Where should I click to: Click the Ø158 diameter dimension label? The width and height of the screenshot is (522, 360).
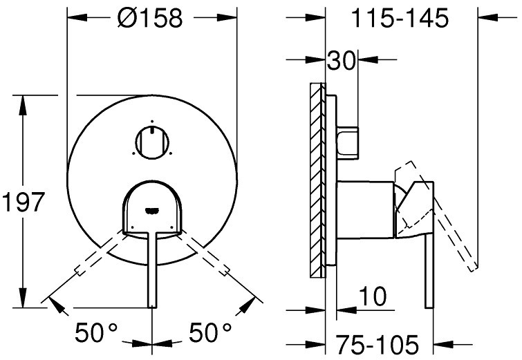pyautogui.click(x=150, y=18)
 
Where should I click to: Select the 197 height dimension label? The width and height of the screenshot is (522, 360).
pyautogui.click(x=23, y=202)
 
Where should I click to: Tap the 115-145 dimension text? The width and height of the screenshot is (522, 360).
pyautogui.click(x=400, y=18)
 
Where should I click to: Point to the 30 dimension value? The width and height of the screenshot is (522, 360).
pyautogui.click(x=342, y=60)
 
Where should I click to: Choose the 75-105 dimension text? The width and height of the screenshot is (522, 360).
pyautogui.click(x=377, y=344)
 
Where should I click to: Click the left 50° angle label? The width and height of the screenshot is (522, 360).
pyautogui.click(x=96, y=332)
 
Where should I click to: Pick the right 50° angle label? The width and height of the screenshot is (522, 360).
pyautogui.click(x=210, y=332)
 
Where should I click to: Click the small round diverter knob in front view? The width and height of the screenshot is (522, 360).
pyautogui.click(x=152, y=142)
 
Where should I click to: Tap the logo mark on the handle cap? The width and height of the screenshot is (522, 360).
pyautogui.click(x=152, y=210)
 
